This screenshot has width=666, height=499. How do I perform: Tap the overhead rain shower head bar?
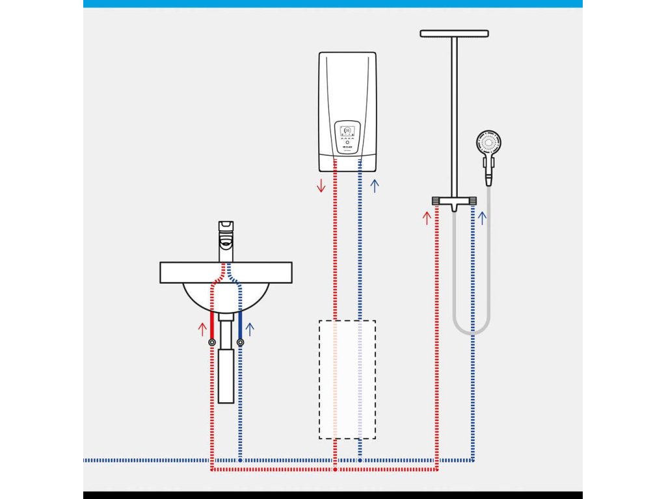pyautogui.click(x=454, y=33)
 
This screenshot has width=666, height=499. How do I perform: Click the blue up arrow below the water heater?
pyautogui.click(x=374, y=186)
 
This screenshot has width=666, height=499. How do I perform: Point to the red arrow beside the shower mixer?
pyautogui.click(x=427, y=217)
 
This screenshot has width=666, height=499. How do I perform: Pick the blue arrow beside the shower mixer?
pyautogui.click(x=482, y=217)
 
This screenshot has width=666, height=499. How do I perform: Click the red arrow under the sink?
pyautogui.click(x=202, y=327)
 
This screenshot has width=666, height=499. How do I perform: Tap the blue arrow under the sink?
pyautogui.click(x=250, y=327)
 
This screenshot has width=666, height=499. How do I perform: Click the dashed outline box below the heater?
pyautogui.click(x=347, y=379)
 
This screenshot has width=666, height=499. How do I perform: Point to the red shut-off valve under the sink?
pyautogui.click(x=212, y=342)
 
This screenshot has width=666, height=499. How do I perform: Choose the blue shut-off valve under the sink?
pyautogui.click(x=240, y=342)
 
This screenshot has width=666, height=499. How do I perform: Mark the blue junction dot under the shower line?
pyautogui.click(x=472, y=460)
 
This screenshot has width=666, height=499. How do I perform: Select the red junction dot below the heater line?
pyautogui.click(x=335, y=468)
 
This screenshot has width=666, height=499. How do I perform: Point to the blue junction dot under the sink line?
pyautogui.click(x=240, y=460)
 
